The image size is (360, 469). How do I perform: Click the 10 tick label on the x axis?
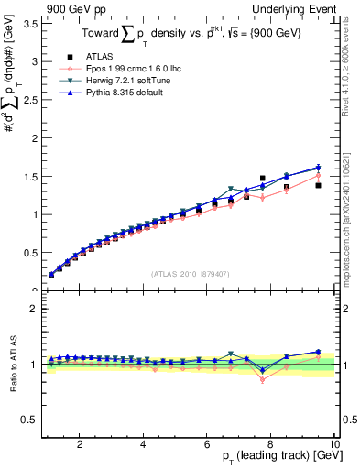(334, 443)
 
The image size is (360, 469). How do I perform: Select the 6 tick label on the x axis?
(207, 443)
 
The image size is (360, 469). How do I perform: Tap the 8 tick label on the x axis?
(271, 443)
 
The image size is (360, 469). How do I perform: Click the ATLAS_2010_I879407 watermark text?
(189, 273)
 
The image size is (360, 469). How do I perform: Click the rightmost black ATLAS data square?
(318, 185)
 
